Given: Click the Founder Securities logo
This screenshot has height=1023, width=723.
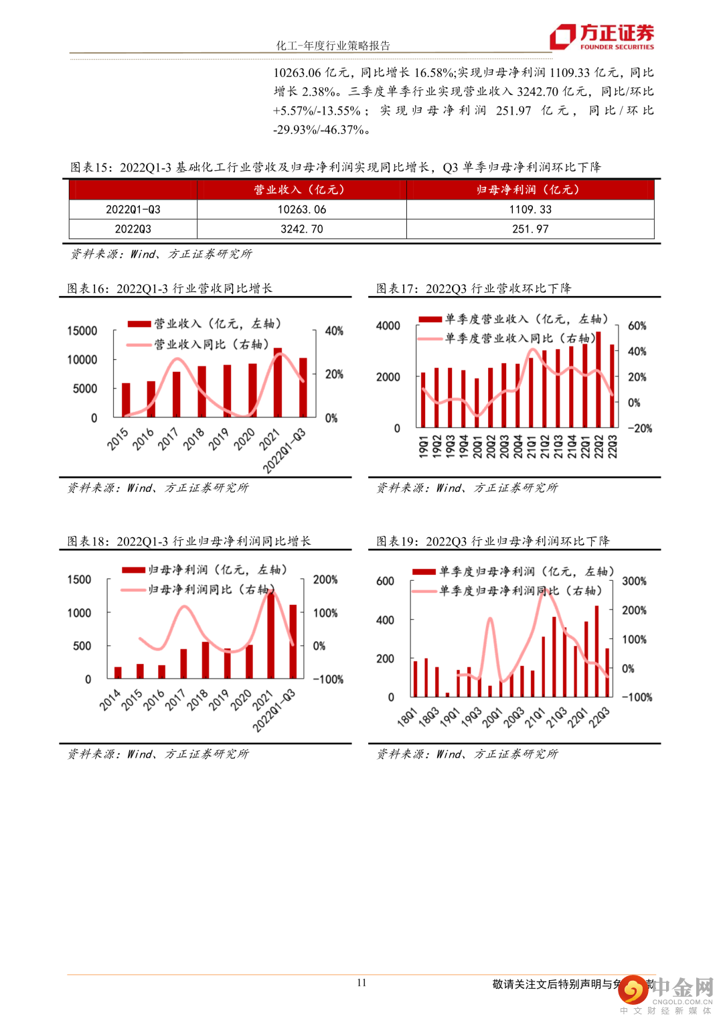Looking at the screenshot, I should [x=602, y=36].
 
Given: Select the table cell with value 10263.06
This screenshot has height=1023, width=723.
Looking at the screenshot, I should [x=302, y=210].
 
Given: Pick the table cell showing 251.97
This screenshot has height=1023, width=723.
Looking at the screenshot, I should [x=530, y=229].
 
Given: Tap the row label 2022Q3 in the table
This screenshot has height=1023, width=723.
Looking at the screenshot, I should [x=133, y=229].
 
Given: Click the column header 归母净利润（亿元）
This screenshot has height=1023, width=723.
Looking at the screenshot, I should [x=530, y=190].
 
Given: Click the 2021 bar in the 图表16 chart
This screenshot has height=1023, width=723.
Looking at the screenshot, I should [x=278, y=383].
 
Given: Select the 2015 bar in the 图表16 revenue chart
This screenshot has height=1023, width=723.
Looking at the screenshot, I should [x=126, y=400].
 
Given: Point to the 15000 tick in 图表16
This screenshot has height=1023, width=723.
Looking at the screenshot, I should [x=82, y=331].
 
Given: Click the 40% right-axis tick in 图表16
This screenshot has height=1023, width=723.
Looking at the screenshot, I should [x=334, y=331].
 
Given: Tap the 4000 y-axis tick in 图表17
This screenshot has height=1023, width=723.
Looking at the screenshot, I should [x=388, y=326].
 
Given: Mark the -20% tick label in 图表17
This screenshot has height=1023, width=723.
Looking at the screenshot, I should [x=639, y=428].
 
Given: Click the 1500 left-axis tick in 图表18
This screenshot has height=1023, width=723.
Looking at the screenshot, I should [x=79, y=579].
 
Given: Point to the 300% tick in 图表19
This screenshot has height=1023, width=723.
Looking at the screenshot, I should [x=634, y=581].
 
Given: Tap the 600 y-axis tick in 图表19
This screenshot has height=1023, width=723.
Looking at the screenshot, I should [x=385, y=581].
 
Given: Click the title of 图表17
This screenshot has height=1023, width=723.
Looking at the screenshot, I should [x=473, y=289].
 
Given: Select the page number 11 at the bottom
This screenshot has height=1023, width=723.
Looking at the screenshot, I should [x=361, y=983].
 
